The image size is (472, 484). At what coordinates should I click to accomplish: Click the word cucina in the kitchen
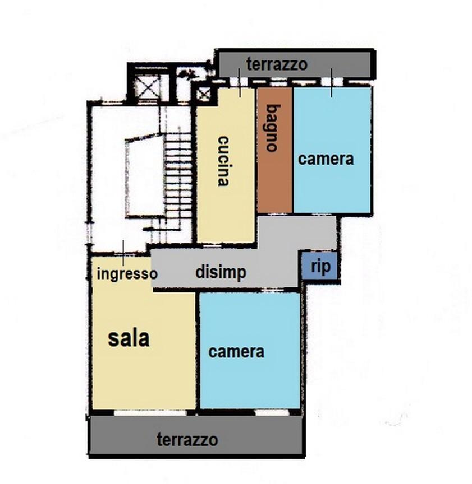(x=223, y=161)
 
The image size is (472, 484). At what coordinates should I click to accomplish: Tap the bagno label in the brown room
(x=272, y=128)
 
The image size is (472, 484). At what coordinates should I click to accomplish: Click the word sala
(x=129, y=338)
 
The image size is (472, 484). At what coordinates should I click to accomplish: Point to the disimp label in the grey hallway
(x=221, y=272)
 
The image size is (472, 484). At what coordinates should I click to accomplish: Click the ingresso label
(x=127, y=274)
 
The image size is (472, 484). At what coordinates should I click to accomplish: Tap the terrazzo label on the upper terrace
(x=277, y=64)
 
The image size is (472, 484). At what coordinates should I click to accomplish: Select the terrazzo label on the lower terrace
(x=187, y=440)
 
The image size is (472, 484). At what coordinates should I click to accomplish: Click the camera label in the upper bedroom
(x=326, y=159)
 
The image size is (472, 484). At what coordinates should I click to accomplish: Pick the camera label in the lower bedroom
(x=236, y=352)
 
